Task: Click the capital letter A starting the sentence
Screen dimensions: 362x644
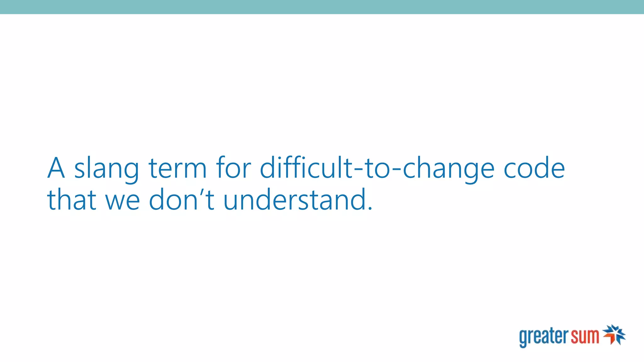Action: pos(56,168)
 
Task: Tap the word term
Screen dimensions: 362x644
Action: pos(177,168)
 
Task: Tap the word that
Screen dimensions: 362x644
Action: pos(71,199)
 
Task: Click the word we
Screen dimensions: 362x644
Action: pos(122,201)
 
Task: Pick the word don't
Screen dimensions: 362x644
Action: pos(181,199)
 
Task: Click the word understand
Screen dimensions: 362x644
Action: pos(294,199)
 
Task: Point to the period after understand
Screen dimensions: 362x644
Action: pos(370,208)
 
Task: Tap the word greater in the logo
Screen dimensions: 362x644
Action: pos(544,337)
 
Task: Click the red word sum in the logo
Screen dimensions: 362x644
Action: pos(585,336)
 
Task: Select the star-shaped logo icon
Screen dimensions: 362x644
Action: pos(614,335)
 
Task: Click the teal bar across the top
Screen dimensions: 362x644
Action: pos(322,7)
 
